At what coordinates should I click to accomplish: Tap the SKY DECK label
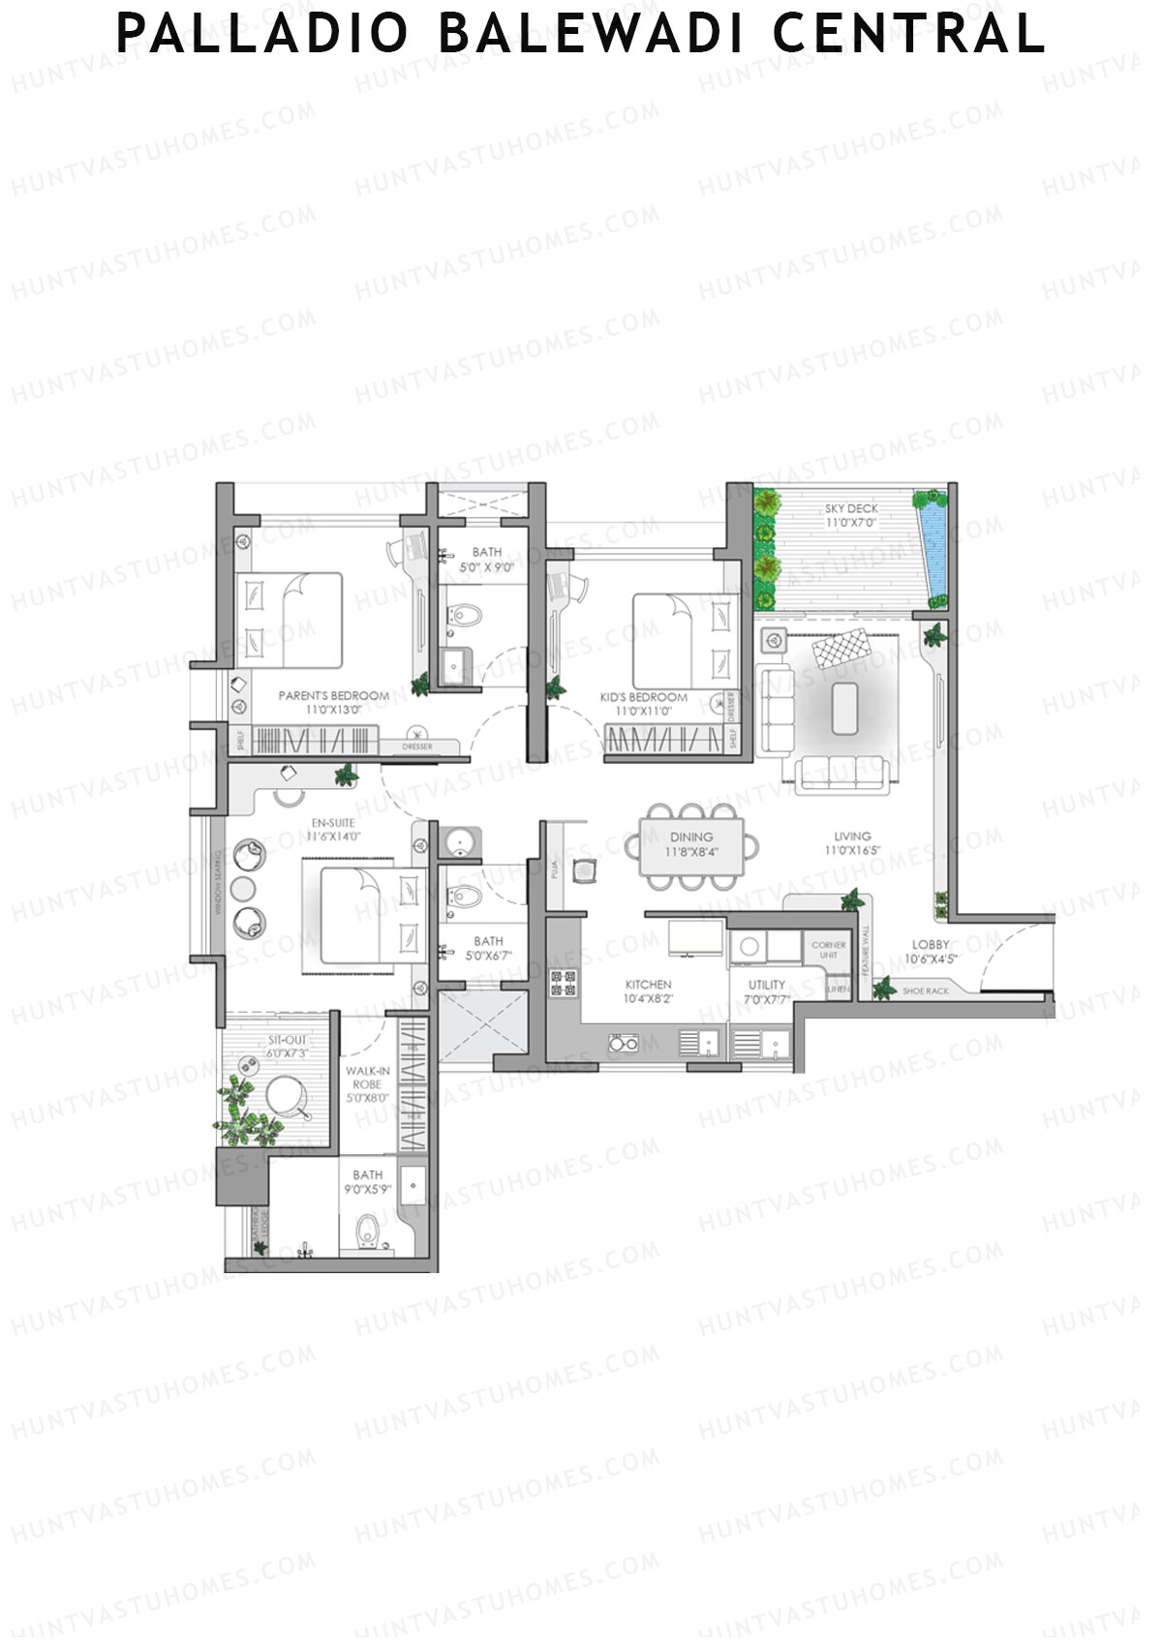point(851,508)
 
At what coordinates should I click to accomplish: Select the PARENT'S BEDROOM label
point(333,695)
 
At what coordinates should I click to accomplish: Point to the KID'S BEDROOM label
point(643,697)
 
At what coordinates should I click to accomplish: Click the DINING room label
point(691,837)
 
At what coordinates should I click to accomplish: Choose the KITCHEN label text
point(648,985)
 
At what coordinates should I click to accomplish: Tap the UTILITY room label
point(766,985)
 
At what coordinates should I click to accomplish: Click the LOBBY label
point(931,945)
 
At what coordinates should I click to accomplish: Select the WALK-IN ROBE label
point(368,1078)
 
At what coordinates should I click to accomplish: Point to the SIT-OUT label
point(288,1040)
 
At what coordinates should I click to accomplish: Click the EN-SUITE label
point(332,823)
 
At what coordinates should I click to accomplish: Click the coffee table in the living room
point(844,708)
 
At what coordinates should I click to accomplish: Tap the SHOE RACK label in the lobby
point(925,991)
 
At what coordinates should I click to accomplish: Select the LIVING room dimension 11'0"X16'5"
point(852,851)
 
